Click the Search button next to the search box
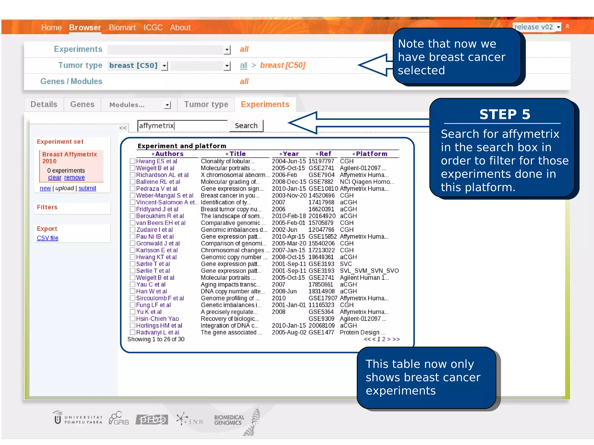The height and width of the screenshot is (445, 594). pos(246,126)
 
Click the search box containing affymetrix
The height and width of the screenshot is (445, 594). pos(182,126)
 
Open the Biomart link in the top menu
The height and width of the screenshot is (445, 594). pos(122,28)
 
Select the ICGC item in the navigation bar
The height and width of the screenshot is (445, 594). pos(153,28)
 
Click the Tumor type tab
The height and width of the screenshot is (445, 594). pos(206,104)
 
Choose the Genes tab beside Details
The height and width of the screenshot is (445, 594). pos(82,104)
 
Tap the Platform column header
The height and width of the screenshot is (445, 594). pos(371,154)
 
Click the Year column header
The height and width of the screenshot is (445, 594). pos(290,154)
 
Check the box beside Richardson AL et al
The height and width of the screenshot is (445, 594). pos(133,175)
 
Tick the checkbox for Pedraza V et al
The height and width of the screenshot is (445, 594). pos(133,189)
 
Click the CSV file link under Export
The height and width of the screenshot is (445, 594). pos(48,238)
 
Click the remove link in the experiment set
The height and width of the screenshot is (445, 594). pos(74,177)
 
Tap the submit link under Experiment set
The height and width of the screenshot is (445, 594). pos(87,188)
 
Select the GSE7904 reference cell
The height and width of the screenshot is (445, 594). pos(321,175)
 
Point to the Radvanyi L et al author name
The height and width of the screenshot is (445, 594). pos(157,332)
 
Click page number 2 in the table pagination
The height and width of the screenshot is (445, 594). pos(383,339)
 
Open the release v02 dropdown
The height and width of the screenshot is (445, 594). pos(558,27)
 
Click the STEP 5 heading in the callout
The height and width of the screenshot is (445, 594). pos(505,114)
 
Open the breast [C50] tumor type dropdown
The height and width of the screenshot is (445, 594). pos(164,66)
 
